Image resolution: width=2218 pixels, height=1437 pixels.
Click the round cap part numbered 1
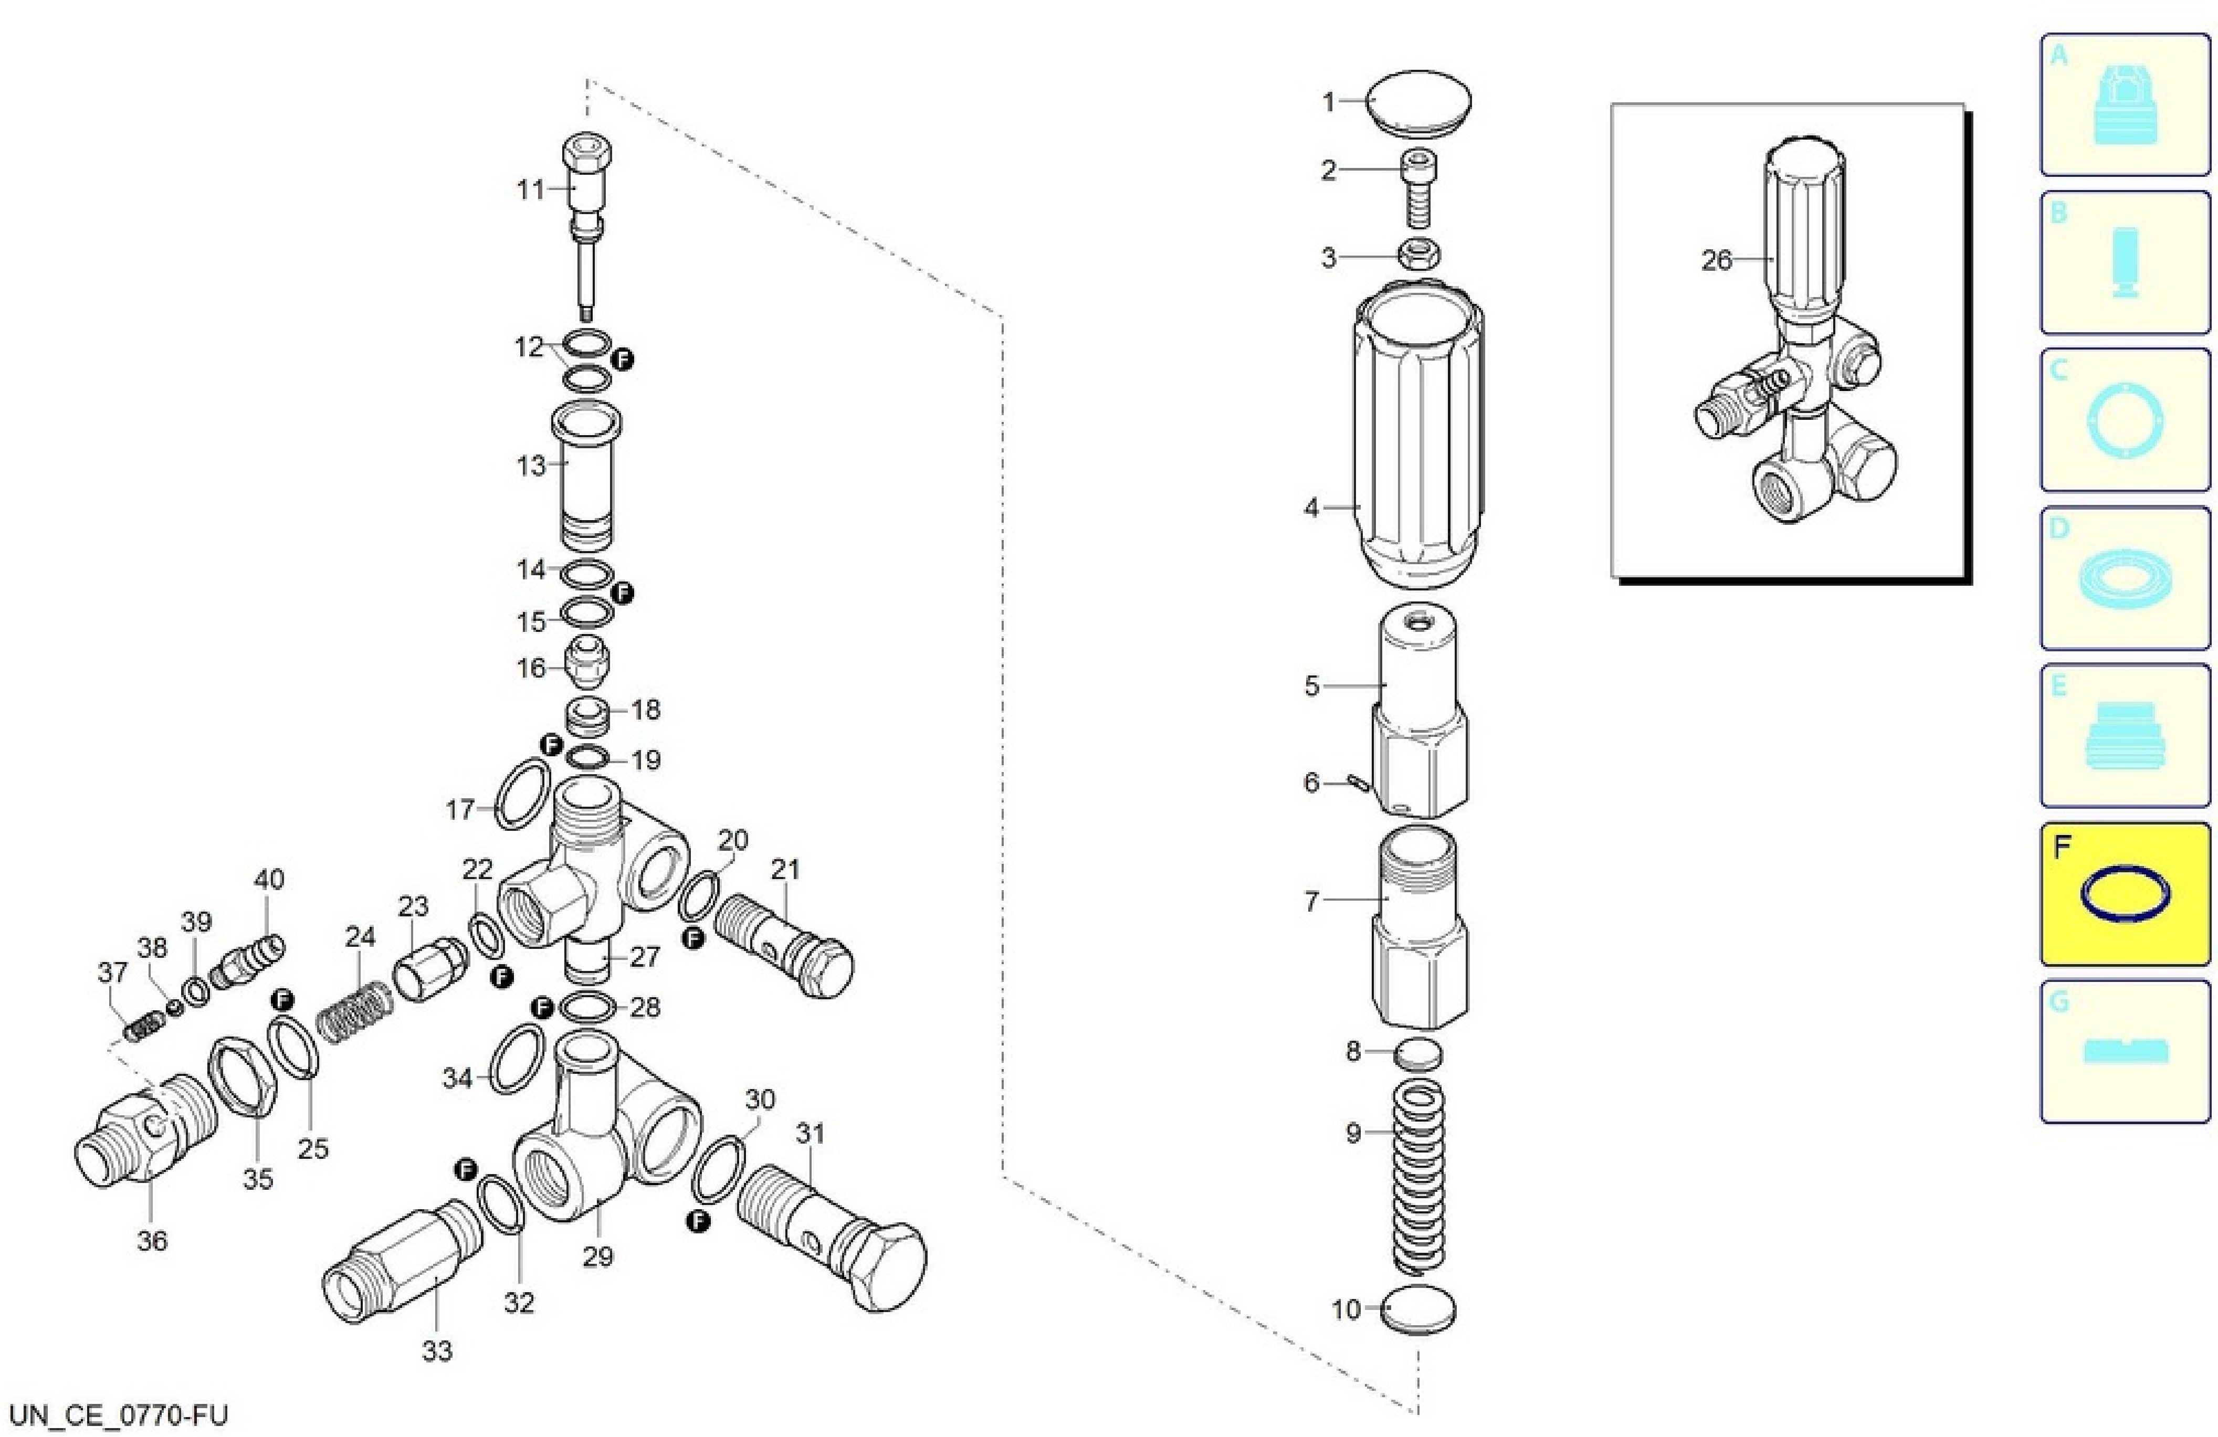point(1418,103)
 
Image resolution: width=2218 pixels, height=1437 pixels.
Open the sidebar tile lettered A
point(2125,104)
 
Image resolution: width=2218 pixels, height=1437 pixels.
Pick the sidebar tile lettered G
point(2125,1051)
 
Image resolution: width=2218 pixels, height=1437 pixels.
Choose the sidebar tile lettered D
point(2125,578)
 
